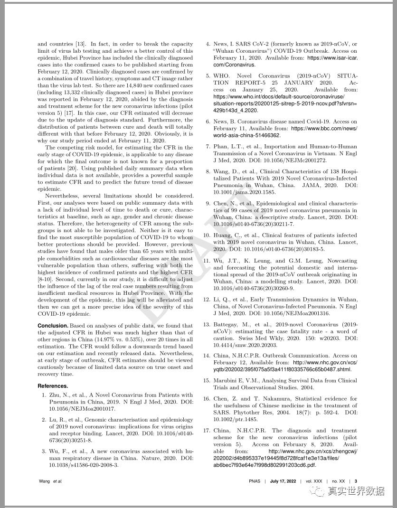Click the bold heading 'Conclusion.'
point(53,326)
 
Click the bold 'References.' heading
point(53,386)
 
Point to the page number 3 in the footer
point(356,481)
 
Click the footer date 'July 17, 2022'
point(283,481)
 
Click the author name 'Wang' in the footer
point(44,481)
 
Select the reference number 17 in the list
point(207,431)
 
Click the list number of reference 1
point(44,395)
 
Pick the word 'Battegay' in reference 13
point(226,324)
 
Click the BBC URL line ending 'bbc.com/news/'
point(324,128)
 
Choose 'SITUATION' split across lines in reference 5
point(346,76)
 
